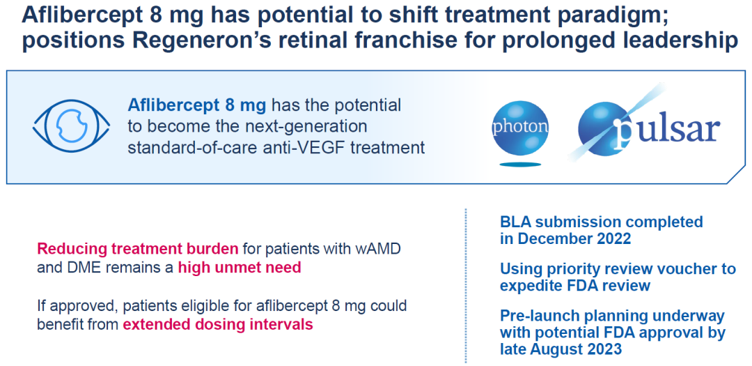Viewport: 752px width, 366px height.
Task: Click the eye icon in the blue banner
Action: point(72,126)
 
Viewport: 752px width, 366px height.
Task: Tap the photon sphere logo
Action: point(520,128)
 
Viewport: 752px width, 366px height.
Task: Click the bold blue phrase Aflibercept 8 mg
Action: point(196,106)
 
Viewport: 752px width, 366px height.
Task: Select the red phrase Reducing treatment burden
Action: point(138,250)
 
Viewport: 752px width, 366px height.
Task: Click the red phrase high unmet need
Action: point(240,268)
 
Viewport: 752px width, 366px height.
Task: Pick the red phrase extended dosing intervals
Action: point(218,324)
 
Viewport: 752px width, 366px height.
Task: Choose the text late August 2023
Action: point(562,349)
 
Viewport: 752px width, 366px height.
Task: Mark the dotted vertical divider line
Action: point(466,287)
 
